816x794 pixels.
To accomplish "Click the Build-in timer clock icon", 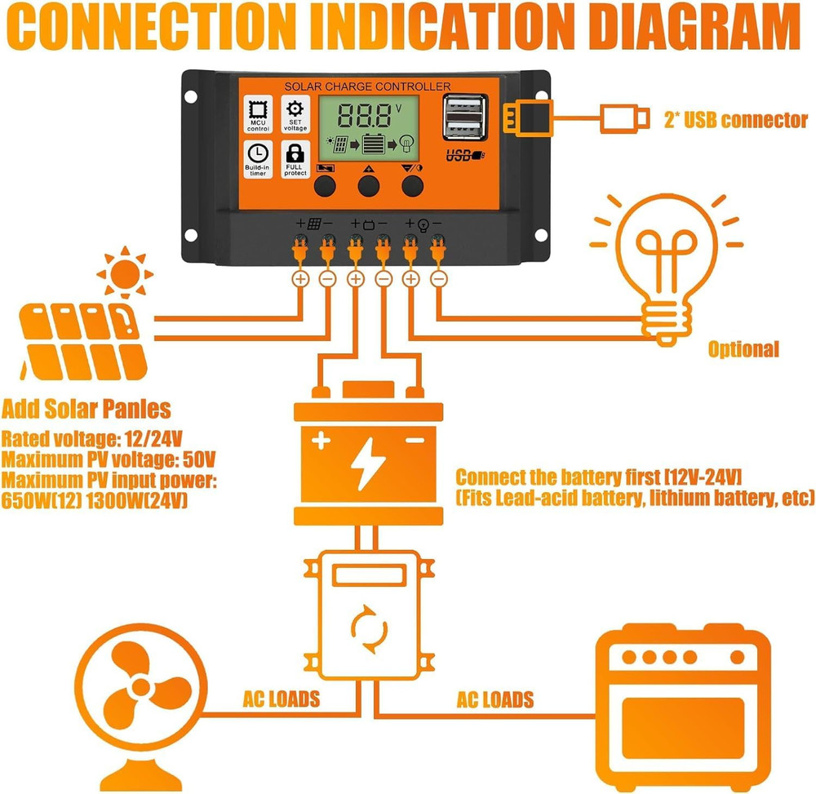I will [258, 157].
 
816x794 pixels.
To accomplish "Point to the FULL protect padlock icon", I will [295, 157].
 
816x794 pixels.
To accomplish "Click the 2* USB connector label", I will [734, 121].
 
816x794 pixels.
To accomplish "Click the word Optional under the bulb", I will [743, 350].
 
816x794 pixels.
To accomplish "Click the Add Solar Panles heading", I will [86, 409].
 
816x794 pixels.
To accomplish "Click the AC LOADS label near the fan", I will [281, 699].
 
